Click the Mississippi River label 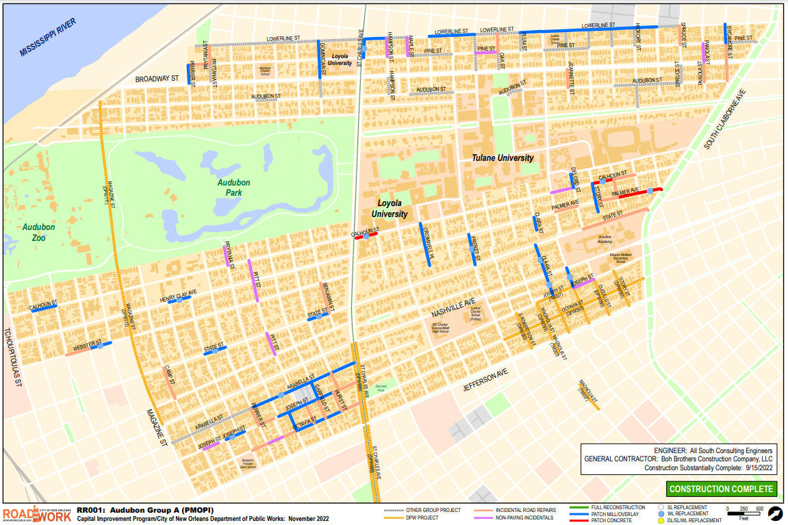pos(49,38)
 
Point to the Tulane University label pos(503,158)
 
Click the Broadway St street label pos(156,79)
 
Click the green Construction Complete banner pos(722,489)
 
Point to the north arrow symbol pos(775,513)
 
